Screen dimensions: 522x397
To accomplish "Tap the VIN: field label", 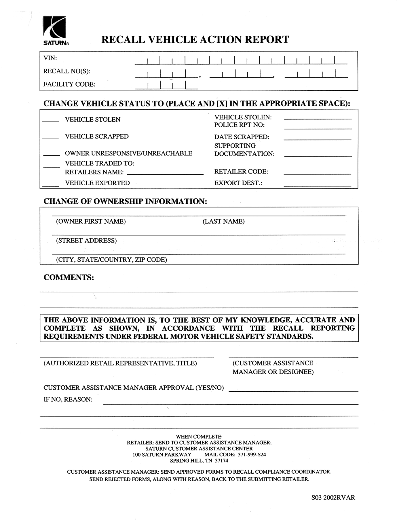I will coord(50,58).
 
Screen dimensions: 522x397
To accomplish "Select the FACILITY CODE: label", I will coord(69,84).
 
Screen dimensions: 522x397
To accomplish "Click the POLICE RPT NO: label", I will coord(239,125).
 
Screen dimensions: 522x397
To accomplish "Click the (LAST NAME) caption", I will coord(223,222).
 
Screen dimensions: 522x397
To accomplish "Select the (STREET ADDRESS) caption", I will coord(86,241).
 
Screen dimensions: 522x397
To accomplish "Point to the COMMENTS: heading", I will coord(69,277).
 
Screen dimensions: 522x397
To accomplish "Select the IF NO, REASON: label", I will coord(68,399).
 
